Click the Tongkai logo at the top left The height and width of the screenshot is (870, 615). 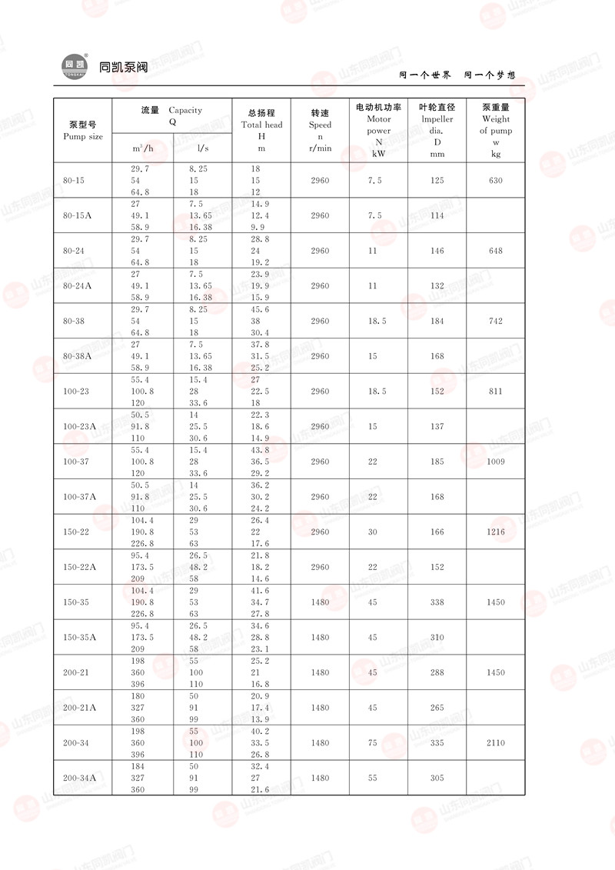click(x=75, y=66)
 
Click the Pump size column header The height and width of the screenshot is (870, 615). click(x=82, y=130)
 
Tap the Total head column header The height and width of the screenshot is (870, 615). click(x=261, y=125)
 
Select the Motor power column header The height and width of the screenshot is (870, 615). click(x=378, y=125)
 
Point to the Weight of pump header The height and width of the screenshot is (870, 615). click(x=496, y=125)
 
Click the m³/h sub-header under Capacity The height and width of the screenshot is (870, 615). click(x=143, y=148)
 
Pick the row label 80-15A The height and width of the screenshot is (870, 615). click(x=77, y=216)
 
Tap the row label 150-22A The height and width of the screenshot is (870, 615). click(x=79, y=568)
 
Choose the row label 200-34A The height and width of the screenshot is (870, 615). click(x=79, y=778)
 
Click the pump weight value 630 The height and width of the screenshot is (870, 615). click(x=496, y=181)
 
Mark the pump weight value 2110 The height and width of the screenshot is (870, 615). click(x=496, y=743)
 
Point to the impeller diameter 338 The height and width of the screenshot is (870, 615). click(x=437, y=602)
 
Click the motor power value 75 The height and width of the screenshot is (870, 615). click(x=373, y=743)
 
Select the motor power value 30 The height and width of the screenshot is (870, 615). click(x=373, y=532)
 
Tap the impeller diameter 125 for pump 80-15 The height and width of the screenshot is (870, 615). click(x=437, y=181)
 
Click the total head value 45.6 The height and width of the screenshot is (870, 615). click(x=261, y=309)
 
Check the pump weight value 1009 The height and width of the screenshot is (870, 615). click(x=496, y=462)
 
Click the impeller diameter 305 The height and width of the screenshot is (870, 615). click(x=437, y=778)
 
